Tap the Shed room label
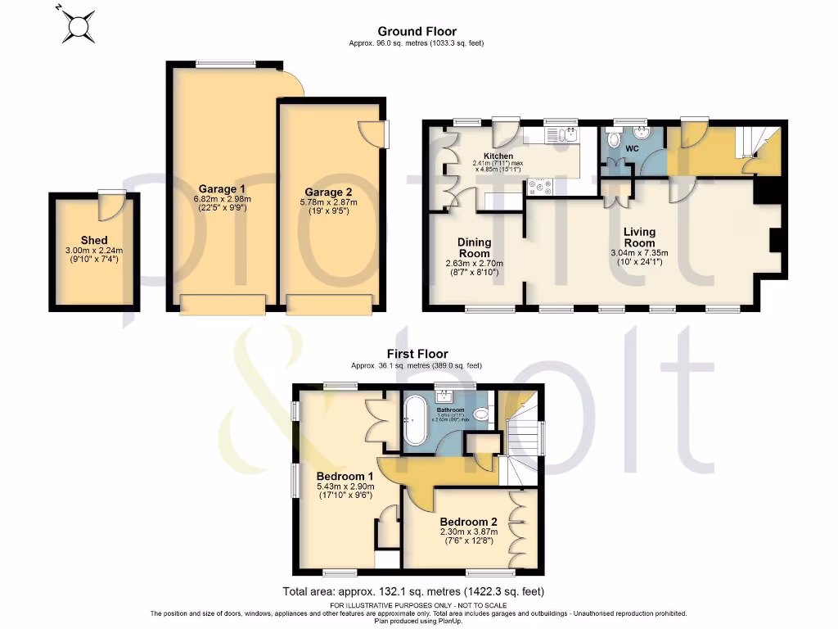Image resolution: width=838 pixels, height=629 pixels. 94,240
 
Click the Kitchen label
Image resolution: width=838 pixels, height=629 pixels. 498,156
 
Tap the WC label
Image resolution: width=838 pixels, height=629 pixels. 632,149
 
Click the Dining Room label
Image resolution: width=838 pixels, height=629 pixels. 474,247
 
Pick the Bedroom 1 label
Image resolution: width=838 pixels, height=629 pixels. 345,476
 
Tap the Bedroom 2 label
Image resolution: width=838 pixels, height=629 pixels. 468,522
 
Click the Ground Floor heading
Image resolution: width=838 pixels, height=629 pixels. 425,32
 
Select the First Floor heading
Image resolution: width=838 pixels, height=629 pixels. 416,354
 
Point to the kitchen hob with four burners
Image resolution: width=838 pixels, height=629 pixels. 541,188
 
